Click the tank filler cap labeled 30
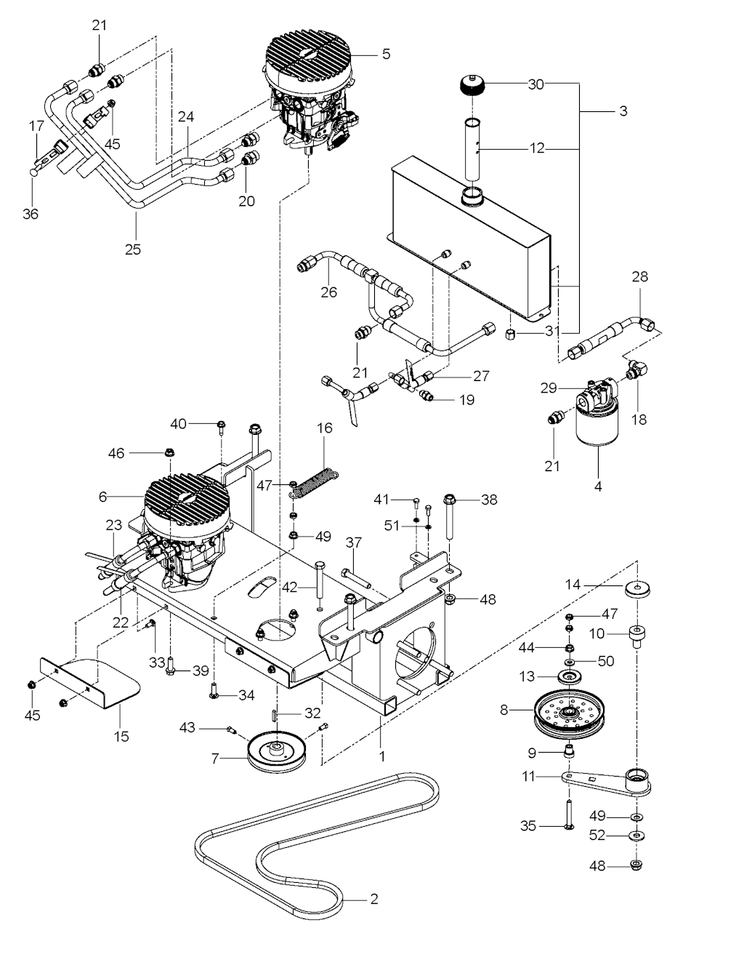click(474, 88)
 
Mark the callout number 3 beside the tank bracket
click(623, 111)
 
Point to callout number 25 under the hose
click(132, 249)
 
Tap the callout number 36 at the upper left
click(30, 214)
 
